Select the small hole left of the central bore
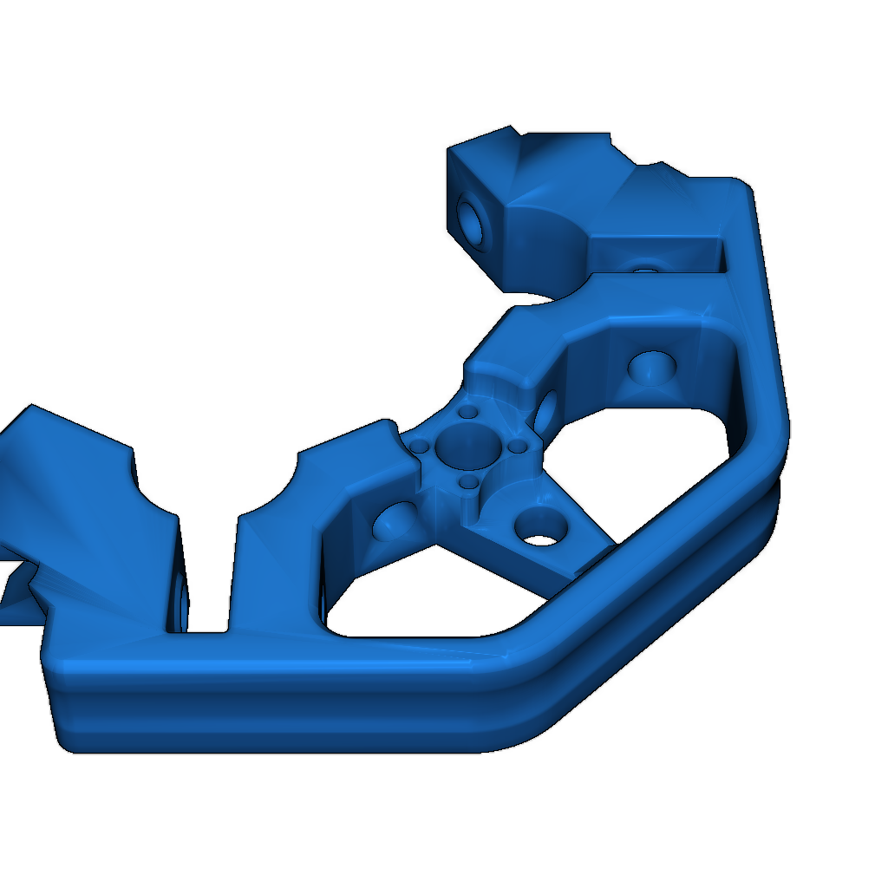click(421, 447)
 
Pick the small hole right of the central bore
click(518, 446)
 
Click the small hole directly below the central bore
click(469, 480)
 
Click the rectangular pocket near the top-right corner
click(659, 256)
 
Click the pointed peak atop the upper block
click(511, 129)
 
